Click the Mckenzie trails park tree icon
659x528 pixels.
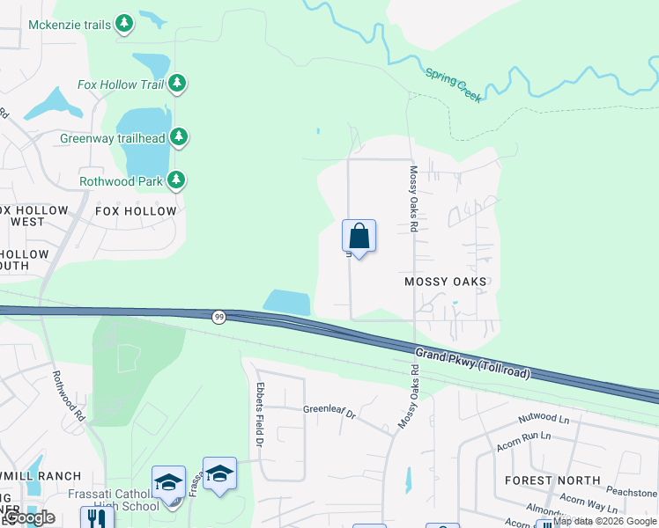coord(125,24)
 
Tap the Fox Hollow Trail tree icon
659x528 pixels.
coord(178,84)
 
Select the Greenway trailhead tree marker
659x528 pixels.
coord(179,137)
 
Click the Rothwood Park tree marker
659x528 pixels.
coord(177,180)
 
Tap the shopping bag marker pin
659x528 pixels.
coord(359,237)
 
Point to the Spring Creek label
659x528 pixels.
coord(454,85)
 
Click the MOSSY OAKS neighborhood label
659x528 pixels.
coord(445,282)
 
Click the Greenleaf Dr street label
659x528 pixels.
coord(329,410)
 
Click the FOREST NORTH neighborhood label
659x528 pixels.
coord(552,480)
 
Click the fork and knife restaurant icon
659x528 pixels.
coord(97,517)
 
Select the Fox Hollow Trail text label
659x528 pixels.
coord(120,84)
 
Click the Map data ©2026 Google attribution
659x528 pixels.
coord(604,521)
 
